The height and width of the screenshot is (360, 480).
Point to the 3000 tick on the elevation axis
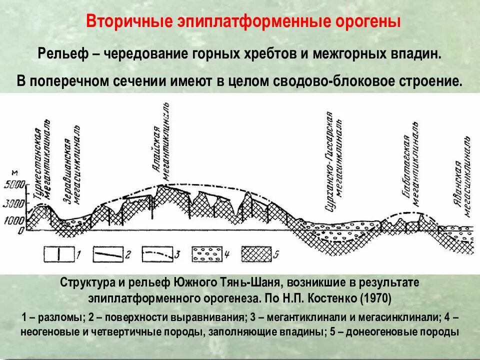click(13, 203)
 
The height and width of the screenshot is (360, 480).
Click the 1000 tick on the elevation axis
click(13, 220)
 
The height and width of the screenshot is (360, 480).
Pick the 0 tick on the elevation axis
click(20, 230)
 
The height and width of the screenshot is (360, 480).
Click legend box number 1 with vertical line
click(59, 253)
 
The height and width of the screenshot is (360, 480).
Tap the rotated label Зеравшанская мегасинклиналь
click(71, 170)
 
